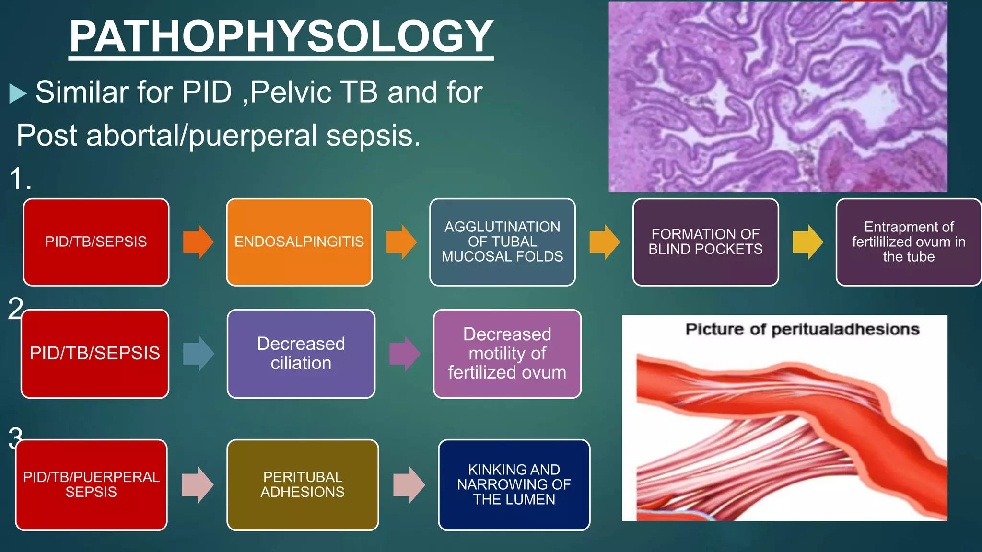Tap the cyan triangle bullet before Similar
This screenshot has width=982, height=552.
[x=18, y=93]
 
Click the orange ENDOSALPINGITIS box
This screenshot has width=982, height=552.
[x=299, y=242]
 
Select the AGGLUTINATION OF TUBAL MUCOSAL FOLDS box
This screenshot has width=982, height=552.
[x=502, y=242]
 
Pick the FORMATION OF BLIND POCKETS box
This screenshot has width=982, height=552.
[x=705, y=242]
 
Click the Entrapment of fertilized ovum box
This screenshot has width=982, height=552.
[x=909, y=242]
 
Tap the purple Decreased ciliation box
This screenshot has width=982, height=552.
[x=301, y=354]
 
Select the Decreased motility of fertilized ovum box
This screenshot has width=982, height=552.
[x=507, y=354]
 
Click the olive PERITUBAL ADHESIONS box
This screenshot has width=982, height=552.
[x=303, y=484]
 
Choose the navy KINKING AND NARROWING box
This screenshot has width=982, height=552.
[x=514, y=484]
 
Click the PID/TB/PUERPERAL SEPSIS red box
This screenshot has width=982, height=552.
[x=91, y=484]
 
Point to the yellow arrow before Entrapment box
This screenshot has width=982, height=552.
[x=807, y=242]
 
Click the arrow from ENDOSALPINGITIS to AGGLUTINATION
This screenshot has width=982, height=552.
[x=401, y=242]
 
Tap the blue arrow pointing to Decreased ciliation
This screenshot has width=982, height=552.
[x=198, y=354]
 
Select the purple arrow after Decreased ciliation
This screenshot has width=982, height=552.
[x=404, y=354]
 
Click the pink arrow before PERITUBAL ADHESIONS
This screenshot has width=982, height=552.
[x=197, y=484]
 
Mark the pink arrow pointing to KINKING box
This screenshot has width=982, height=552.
[x=409, y=484]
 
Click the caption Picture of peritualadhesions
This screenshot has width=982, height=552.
[x=802, y=330]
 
